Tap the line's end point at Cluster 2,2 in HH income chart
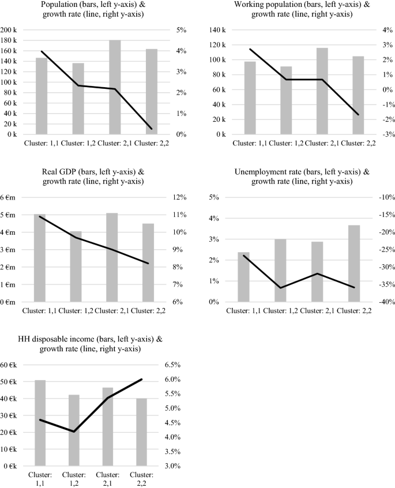(x=141, y=380)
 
